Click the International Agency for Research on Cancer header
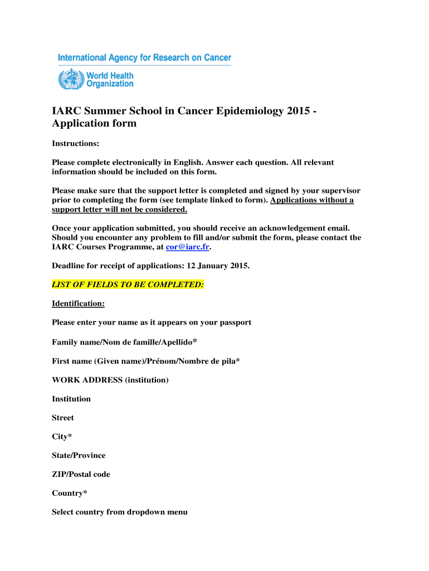tap(144, 58)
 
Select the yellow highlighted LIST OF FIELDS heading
tap(128, 285)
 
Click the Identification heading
tap(78, 304)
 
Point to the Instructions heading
tap(75, 144)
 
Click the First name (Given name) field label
tap(146, 361)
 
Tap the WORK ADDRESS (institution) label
tap(110, 380)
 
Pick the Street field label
tap(63, 418)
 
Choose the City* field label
tap(62, 437)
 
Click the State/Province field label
tap(79, 456)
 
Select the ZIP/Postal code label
tap(81, 475)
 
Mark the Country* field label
tap(69, 493)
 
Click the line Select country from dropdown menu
tap(120, 512)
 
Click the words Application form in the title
tap(94, 124)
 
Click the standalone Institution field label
tap(71, 399)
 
